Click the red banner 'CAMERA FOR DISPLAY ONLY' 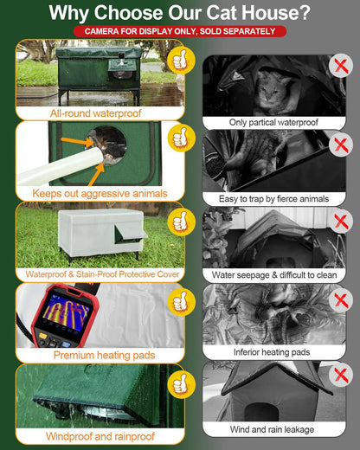pos(179,32)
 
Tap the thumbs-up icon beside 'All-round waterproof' pos(178,60)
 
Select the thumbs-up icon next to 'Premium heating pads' pos(178,302)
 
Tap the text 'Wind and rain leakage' pos(273,429)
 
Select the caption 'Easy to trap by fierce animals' pos(273,199)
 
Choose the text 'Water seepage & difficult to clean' pos(273,274)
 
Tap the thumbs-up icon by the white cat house pos(178,222)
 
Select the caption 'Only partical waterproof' pos(273,123)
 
